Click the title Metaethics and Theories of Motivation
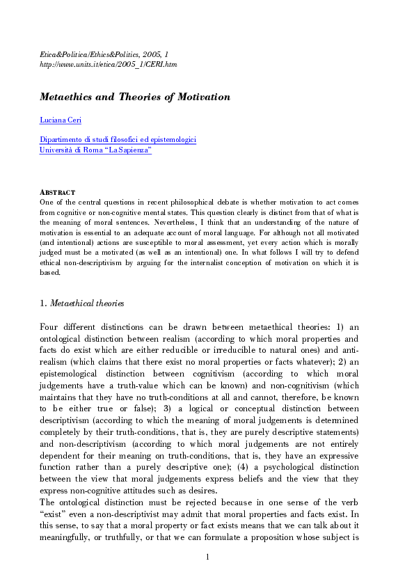point(134,97)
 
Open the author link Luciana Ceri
point(61,120)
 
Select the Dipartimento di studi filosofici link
point(118,140)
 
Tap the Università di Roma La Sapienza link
point(95,150)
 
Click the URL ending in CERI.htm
point(108,64)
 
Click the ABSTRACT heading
point(57,192)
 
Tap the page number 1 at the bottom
point(207,556)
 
